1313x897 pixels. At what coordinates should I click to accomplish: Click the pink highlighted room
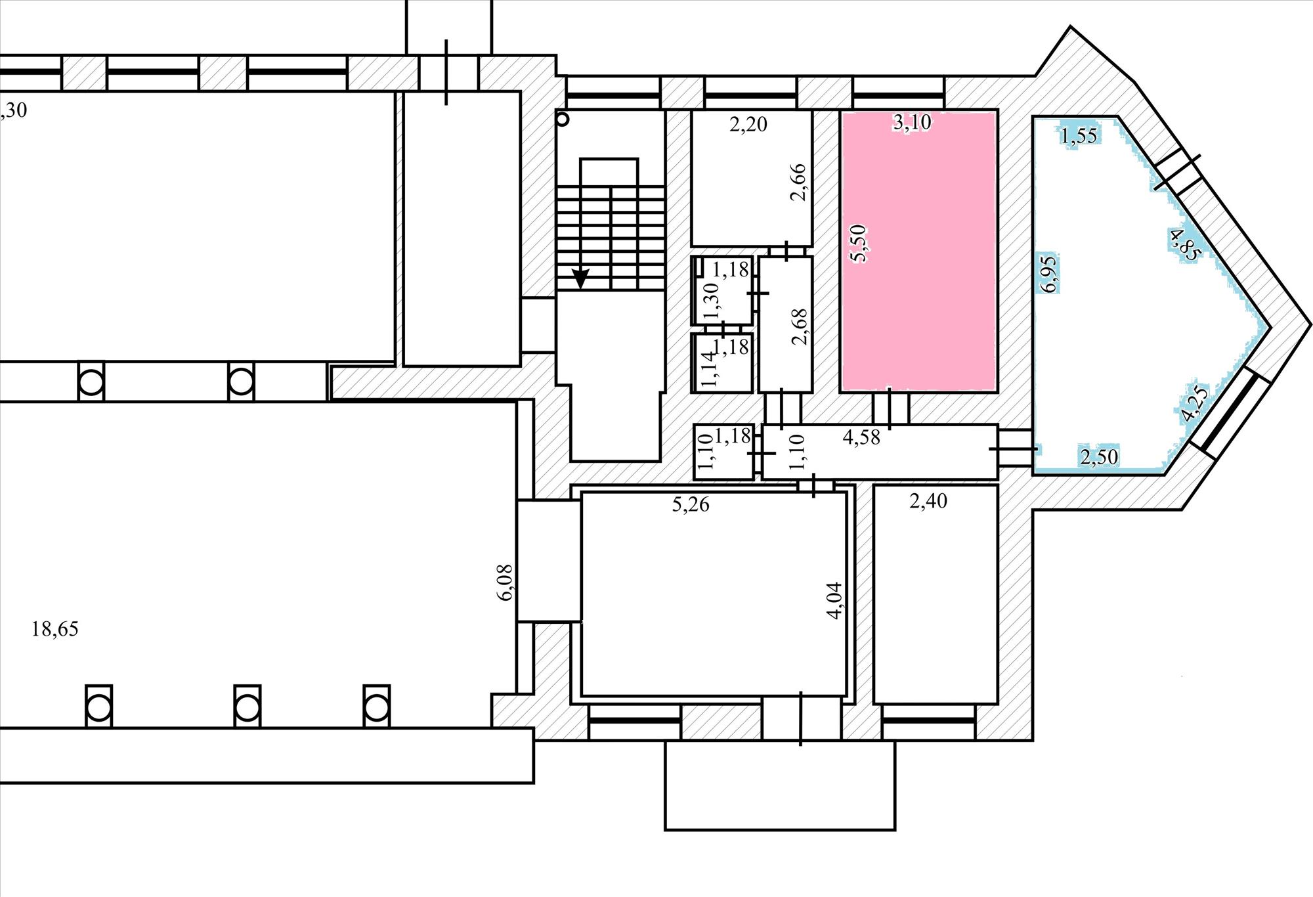click(919, 251)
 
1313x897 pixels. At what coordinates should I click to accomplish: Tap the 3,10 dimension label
click(912, 121)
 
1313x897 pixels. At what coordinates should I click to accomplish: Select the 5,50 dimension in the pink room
click(858, 244)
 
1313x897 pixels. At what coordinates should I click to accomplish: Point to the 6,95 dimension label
click(1050, 273)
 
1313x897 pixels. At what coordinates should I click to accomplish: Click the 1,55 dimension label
click(1079, 136)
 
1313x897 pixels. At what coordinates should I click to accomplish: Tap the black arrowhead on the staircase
click(581, 279)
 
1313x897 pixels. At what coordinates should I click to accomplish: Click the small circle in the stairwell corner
click(563, 120)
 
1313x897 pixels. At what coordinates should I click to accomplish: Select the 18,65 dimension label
click(55, 629)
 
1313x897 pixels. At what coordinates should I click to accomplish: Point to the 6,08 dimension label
click(506, 582)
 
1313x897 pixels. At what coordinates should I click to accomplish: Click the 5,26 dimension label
click(691, 505)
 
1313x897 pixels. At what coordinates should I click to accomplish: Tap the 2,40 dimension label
click(928, 501)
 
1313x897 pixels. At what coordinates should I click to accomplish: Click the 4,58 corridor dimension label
click(861, 437)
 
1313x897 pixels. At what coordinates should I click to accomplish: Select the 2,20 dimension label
click(748, 124)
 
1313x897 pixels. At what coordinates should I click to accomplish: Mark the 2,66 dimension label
click(799, 182)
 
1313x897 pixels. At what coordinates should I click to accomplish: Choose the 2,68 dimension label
click(800, 326)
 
